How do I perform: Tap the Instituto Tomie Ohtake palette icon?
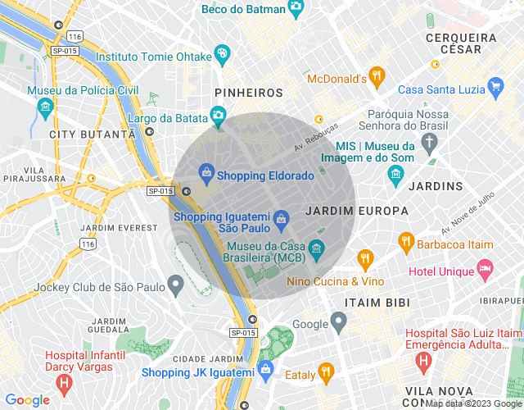click(222, 54)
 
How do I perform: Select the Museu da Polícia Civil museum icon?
click(45, 107)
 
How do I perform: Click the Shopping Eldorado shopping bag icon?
click(206, 173)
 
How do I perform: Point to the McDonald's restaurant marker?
click(377, 76)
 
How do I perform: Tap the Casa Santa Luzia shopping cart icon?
click(495, 86)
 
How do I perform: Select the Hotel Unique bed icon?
click(486, 269)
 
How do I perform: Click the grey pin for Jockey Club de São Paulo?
click(175, 285)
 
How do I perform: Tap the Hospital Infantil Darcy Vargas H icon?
click(65, 383)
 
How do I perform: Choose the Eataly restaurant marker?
click(326, 373)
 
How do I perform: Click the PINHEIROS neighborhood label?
click(248, 93)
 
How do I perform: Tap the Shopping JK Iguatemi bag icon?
click(266, 371)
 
